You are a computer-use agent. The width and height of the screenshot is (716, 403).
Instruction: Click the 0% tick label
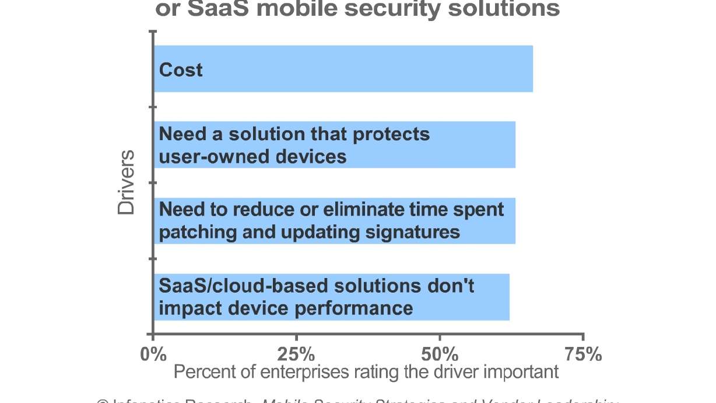pos(153,354)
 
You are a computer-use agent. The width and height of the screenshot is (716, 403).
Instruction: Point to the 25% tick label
pos(297,354)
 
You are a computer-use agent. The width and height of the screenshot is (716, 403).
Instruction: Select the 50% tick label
pos(440,354)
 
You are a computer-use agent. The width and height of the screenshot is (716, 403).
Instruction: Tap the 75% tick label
pos(583,354)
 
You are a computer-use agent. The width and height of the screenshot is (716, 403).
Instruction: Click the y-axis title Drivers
pos(126,183)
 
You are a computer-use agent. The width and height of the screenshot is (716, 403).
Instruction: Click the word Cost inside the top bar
pos(181,70)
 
